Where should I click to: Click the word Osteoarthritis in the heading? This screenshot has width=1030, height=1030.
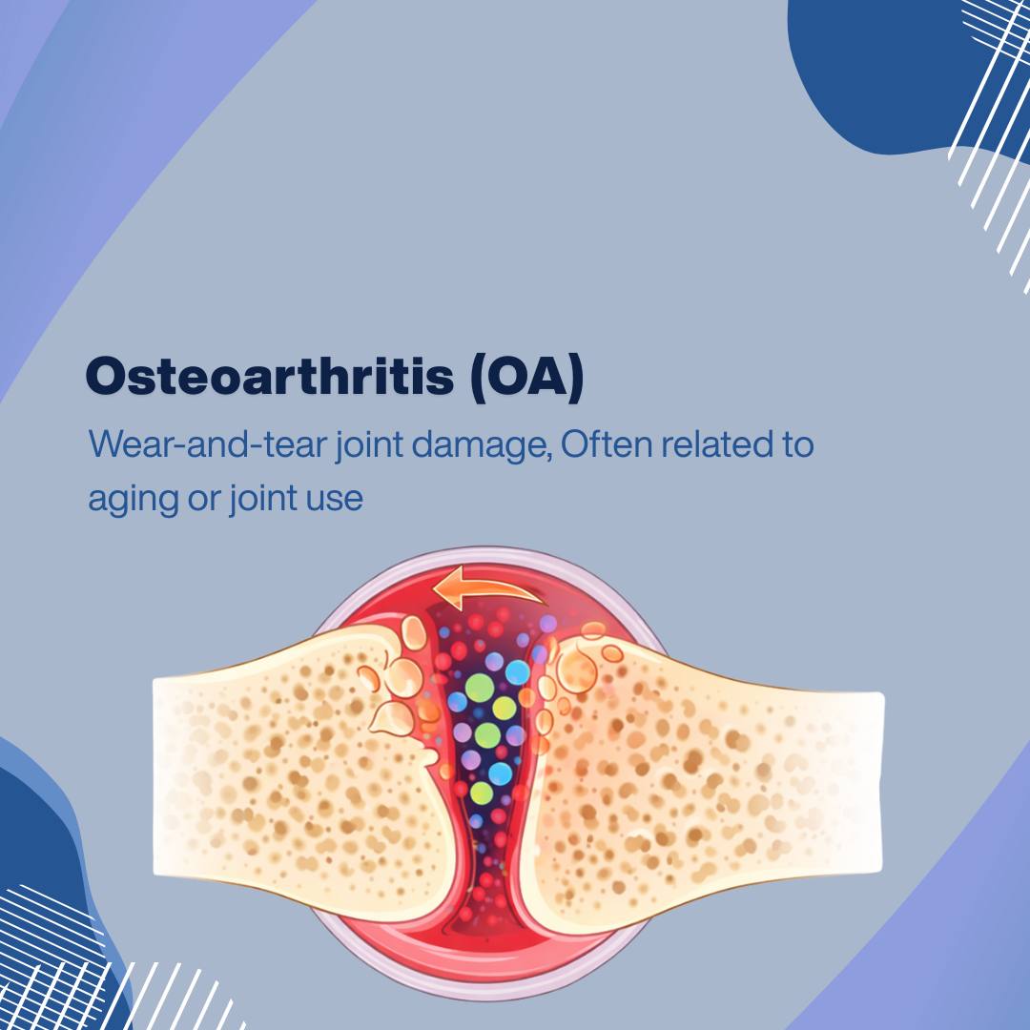[269, 376]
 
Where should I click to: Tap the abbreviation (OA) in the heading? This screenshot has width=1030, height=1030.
[526, 377]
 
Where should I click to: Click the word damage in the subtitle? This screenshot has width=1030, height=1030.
[482, 445]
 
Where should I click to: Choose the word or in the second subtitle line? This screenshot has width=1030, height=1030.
[204, 500]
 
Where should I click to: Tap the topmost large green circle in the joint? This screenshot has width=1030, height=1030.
[480, 688]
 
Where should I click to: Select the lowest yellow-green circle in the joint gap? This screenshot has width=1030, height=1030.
[482, 793]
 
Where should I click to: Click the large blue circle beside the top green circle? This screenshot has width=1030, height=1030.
[518, 672]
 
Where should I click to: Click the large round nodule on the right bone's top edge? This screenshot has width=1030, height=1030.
[577, 670]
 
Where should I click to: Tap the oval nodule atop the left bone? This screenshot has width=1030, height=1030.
[414, 632]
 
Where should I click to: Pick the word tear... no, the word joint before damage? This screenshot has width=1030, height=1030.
[369, 444]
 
